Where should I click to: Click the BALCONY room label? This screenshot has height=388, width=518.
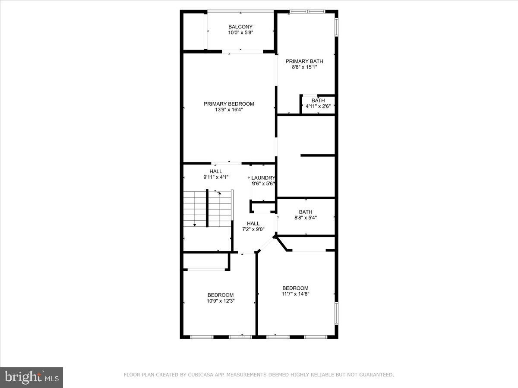(240, 27)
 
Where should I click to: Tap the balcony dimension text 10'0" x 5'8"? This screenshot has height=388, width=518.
(240, 32)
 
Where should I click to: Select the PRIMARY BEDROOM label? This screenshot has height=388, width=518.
(229, 103)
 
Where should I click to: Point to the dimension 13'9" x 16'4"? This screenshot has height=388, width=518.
(229, 110)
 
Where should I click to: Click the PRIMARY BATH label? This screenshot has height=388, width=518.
(304, 61)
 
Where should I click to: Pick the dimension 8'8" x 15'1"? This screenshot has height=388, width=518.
(304, 67)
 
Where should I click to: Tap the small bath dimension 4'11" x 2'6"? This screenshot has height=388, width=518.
(318, 106)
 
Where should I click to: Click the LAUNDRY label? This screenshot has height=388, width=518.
(263, 178)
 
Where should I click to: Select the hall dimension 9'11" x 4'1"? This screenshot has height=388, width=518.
(216, 177)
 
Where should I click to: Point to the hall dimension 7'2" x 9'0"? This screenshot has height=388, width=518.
(253, 229)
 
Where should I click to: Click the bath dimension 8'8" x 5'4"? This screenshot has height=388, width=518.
(306, 218)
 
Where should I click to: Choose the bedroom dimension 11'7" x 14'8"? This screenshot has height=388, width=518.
(295, 294)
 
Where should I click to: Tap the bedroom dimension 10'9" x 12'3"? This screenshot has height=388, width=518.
(221, 301)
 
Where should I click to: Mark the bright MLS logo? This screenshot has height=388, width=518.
(32, 378)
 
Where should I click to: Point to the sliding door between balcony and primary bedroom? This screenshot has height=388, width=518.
(245, 52)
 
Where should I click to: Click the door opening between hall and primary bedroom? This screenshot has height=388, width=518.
(226, 163)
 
